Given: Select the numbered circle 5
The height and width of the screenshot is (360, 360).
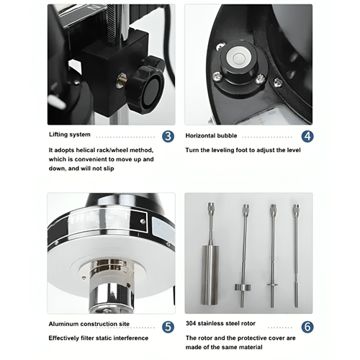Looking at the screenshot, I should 167,326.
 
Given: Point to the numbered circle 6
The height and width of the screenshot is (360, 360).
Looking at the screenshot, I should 307,326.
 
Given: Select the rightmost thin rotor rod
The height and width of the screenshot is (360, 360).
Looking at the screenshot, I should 295,245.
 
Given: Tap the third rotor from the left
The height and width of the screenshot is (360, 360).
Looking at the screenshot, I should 273,248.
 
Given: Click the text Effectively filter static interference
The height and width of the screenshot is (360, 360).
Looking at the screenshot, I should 98,338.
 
